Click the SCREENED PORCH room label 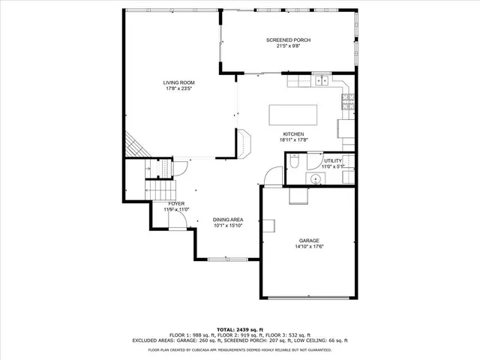(288, 40)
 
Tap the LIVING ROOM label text (179, 82)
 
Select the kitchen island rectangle (293, 115)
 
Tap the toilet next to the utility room (295, 161)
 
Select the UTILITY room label (333, 160)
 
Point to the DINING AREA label (228, 220)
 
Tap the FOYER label (176, 203)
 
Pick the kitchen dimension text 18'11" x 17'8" (293, 139)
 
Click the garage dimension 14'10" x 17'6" (307, 246)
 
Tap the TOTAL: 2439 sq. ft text (239, 329)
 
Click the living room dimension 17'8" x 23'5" (179, 88)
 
